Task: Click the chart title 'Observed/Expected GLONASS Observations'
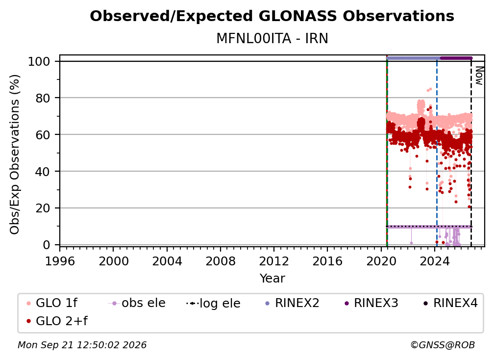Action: coord(272,16)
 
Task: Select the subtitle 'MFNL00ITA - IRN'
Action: coord(272,39)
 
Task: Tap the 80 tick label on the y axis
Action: coord(43,98)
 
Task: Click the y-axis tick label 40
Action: coord(43,172)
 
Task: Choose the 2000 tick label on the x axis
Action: coord(113,261)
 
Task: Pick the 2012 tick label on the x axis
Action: coord(274,261)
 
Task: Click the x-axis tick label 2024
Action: coord(434,261)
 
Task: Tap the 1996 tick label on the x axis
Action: coord(60,261)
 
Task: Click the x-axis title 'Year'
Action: coord(272,279)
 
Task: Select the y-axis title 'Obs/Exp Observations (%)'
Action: coord(15,154)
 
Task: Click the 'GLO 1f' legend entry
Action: coord(52,303)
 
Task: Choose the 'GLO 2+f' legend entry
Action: coord(57,321)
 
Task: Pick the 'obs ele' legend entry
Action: coord(137,303)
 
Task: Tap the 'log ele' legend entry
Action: coord(213,304)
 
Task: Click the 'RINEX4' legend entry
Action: coord(450,303)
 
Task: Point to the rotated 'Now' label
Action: coord(479,76)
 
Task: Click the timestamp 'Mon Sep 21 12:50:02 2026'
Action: coord(82,345)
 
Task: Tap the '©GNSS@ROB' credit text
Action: coord(443,345)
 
